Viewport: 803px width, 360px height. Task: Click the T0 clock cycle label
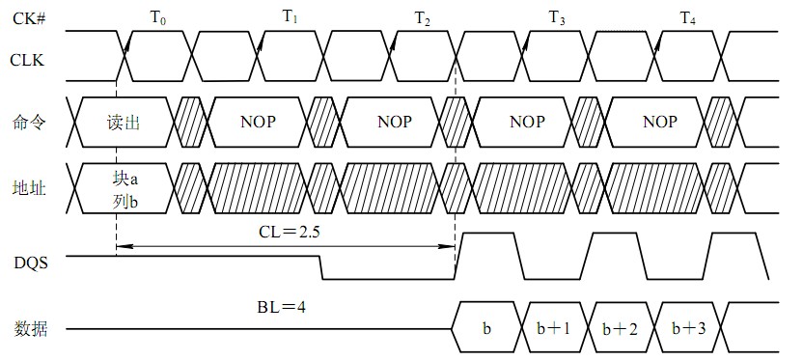pos(157,17)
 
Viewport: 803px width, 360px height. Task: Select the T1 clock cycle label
pos(291,17)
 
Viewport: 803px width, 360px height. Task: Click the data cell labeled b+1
pos(553,329)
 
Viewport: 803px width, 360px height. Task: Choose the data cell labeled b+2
pos(621,329)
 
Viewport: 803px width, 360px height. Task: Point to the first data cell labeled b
pos(486,329)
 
